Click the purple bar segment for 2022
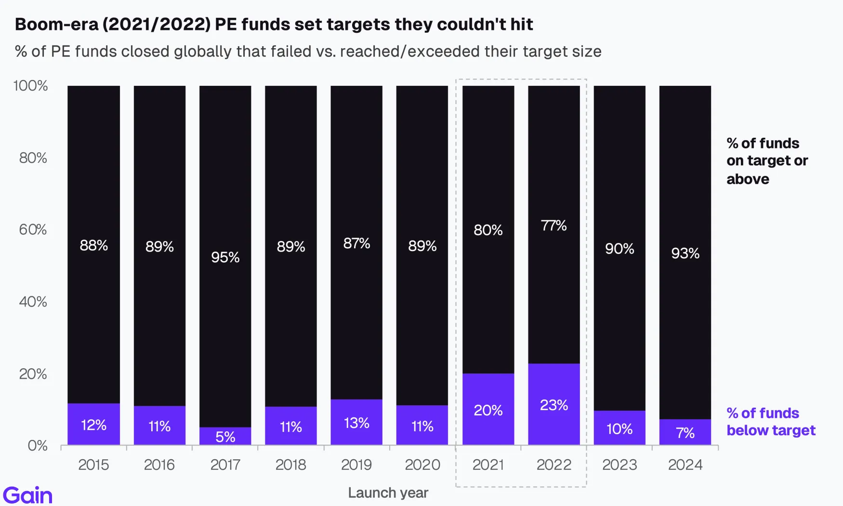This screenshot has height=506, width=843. click(x=554, y=404)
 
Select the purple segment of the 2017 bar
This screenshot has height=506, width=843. click(x=225, y=436)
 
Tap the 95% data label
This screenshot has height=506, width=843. click(x=225, y=257)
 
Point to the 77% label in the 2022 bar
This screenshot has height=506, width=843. click(x=554, y=226)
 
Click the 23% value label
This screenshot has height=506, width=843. click(x=554, y=405)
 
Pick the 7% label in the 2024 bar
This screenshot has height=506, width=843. click(x=685, y=433)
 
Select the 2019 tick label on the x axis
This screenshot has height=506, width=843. click(x=356, y=465)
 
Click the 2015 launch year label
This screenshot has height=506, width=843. click(x=93, y=465)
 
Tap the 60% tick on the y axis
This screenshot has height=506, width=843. click(x=33, y=229)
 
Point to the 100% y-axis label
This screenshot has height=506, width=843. click(x=30, y=86)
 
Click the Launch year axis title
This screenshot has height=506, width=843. click(x=388, y=493)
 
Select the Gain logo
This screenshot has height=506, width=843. click(x=27, y=495)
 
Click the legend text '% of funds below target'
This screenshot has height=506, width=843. click(x=771, y=422)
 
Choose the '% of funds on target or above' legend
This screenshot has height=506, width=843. click(x=767, y=161)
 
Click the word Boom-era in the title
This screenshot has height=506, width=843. click(x=57, y=24)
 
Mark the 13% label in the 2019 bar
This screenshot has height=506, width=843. click(x=356, y=423)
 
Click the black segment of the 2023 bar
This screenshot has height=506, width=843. click(x=619, y=248)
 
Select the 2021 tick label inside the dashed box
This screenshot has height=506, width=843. click(x=488, y=465)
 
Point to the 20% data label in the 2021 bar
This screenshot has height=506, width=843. click(x=488, y=411)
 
